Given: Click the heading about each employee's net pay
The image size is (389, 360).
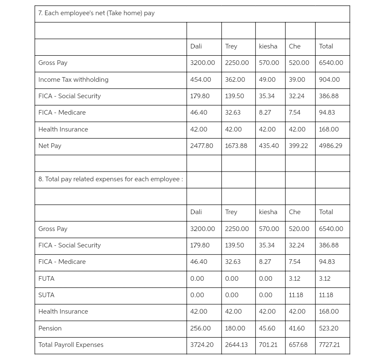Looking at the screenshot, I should pos(97,13).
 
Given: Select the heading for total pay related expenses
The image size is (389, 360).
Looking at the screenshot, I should pos(110,179).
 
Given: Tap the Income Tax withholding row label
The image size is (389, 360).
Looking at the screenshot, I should pos(73,80).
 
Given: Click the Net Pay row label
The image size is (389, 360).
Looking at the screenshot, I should pos(50,146).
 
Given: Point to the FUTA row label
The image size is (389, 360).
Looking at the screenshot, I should pos(46,279).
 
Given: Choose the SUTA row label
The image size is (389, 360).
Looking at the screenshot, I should pos(46,295).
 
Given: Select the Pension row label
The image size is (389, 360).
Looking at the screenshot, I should pos(50,328).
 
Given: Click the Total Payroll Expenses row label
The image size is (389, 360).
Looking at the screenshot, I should pos(71,345).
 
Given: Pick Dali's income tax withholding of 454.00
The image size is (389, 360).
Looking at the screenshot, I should pos(201,80).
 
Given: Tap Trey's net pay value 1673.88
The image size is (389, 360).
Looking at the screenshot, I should pos(236,146).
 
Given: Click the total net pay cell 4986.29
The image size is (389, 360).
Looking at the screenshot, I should pos(330,146).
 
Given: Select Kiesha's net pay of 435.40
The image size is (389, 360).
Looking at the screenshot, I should pos(268,146).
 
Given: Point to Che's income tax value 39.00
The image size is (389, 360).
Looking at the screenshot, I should pos(297,80).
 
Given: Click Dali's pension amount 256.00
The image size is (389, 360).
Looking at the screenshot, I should pos(200,328).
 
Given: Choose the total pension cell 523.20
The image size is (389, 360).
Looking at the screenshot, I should pos(328,328).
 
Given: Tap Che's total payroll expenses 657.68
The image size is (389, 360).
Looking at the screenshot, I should pos(298,345).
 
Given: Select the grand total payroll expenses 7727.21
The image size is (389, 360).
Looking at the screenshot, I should pos(329,345).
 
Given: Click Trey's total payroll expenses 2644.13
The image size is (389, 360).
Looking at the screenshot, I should pos(236,345).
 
